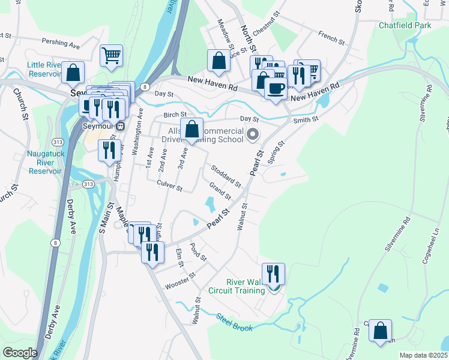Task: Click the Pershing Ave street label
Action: coord(61,43)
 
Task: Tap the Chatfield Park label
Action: coord(405,26)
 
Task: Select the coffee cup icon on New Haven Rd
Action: coord(276,89)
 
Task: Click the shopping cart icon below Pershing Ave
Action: coord(111,56)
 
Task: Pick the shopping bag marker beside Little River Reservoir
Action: coord(73,73)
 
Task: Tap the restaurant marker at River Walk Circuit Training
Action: coord(273,274)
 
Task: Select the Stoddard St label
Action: coord(224,175)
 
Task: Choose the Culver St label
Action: coord(169,185)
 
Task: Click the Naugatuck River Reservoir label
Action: coord(44,162)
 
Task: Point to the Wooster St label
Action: coord(181,280)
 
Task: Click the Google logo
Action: coord(20,353)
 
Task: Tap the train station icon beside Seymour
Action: coord(120,126)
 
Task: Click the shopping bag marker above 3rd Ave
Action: coord(191,129)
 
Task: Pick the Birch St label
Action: coord(175,115)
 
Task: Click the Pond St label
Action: coord(198,252)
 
